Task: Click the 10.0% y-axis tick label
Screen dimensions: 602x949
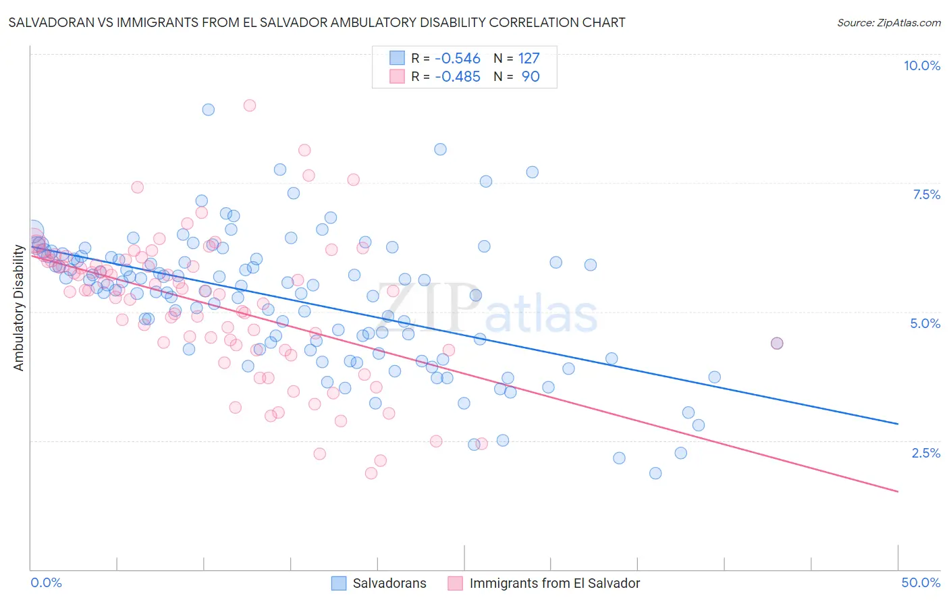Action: coord(921,65)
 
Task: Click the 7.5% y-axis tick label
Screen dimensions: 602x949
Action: coord(926,194)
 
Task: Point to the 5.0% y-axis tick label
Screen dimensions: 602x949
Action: coord(925,323)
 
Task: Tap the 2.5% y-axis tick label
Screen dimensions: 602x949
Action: coord(925,453)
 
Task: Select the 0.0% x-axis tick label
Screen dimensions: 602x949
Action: coord(46,582)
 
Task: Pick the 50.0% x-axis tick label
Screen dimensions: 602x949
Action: coord(921,582)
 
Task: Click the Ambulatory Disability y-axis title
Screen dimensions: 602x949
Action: coord(19,308)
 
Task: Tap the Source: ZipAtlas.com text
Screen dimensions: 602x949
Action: coord(888,22)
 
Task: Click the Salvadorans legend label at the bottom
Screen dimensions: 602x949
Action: coord(389,583)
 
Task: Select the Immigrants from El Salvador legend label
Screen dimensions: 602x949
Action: coord(554,583)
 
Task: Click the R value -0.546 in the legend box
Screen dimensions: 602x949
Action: coord(457,58)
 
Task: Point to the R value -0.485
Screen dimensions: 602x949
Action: coord(457,76)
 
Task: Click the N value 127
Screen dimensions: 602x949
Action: coord(528,58)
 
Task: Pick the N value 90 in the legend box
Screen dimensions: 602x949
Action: coord(531,76)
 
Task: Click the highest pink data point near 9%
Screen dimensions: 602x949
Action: coord(250,105)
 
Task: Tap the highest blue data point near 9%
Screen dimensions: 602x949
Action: coord(209,109)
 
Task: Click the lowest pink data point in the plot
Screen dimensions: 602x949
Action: coord(371,473)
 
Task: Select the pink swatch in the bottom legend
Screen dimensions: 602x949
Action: coord(456,583)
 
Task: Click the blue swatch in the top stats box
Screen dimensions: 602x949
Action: coord(397,58)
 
